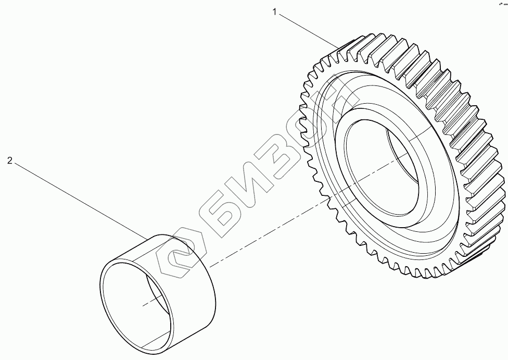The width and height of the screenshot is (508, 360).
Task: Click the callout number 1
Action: coord(274,12)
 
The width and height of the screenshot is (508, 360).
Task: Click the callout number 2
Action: coord(9,161)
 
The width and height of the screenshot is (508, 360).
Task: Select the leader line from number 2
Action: coord(78,198)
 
